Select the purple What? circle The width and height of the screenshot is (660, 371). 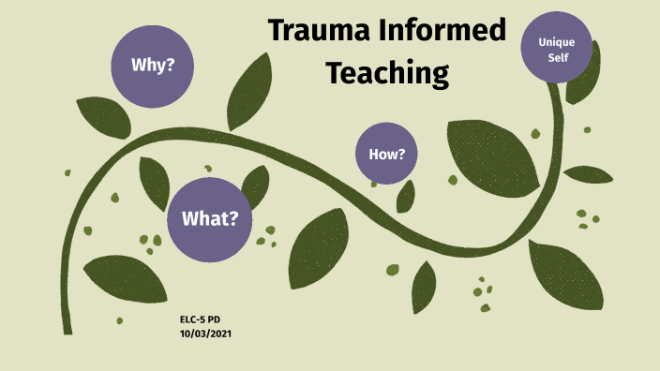coord(210,219)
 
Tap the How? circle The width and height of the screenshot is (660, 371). coord(386,153)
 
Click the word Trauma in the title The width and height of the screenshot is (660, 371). coord(313,31)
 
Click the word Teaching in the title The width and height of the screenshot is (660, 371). coord(386,70)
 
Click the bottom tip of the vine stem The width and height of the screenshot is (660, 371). coord(67,329)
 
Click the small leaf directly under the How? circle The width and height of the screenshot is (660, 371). coord(406,196)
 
